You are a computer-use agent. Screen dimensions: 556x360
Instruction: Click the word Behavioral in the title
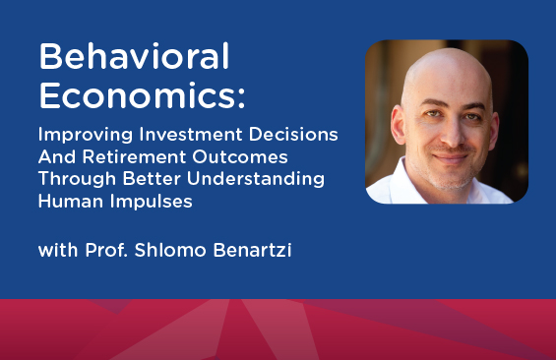135,56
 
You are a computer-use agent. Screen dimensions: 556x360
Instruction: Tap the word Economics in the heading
137,95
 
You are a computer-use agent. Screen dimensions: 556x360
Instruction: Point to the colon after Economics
241,97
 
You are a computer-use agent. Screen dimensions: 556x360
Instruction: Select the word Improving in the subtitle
86,135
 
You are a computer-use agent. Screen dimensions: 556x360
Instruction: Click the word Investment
191,134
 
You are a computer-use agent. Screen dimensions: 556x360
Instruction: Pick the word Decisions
293,134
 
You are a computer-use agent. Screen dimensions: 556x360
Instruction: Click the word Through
77,179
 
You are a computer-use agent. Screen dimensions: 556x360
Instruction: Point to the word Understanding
256,179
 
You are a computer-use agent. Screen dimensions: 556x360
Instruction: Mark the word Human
71,201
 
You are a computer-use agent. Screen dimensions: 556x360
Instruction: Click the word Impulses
152,202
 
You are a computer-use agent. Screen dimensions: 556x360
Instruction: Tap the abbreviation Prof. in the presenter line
106,250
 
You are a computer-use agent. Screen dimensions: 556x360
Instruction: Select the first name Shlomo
170,250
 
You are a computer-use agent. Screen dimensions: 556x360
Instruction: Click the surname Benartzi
253,250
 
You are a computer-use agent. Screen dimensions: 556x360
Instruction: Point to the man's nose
451,134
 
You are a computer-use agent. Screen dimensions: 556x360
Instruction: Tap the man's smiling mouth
451,157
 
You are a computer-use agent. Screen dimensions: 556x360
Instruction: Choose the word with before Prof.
58,250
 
